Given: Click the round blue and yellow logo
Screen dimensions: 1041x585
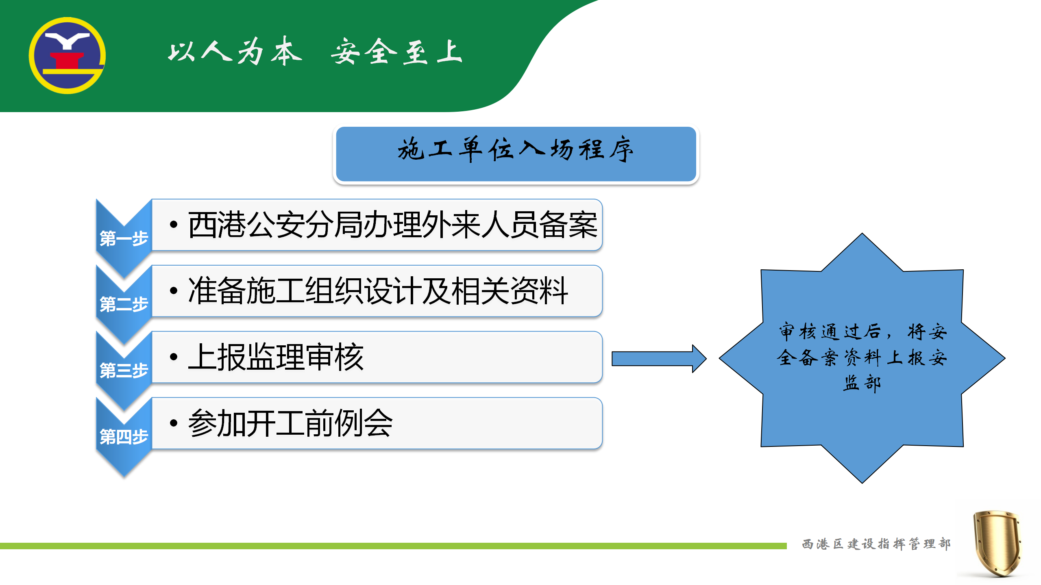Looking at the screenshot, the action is point(67,56).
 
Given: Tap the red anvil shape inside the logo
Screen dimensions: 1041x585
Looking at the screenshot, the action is point(67,61).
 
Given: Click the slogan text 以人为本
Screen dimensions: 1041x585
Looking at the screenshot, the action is point(235,51).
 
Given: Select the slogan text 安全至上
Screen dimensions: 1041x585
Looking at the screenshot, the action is point(396,51).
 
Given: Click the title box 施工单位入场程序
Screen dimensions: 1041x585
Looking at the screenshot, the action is point(516,154).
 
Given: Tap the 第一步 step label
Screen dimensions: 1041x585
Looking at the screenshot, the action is point(124,238).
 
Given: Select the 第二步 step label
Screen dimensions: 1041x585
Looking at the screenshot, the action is point(124,304).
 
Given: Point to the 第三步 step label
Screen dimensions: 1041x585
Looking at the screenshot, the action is point(124,370).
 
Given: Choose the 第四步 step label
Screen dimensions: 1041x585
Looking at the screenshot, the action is point(124,437).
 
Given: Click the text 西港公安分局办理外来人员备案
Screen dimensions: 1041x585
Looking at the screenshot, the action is point(392,225).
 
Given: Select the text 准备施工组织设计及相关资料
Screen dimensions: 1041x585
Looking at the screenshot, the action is point(378,290).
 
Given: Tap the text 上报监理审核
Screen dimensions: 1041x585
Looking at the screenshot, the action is point(276,357).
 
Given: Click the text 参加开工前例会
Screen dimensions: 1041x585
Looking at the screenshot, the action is point(290,423).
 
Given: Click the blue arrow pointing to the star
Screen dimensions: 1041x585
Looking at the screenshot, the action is point(659,359).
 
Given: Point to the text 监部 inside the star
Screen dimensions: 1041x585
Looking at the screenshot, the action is point(862,383).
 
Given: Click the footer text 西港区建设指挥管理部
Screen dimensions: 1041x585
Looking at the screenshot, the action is point(876,544).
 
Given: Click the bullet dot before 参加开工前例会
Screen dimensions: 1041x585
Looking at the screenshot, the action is point(174,423).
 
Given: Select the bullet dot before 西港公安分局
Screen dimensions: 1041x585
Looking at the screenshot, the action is point(174,225).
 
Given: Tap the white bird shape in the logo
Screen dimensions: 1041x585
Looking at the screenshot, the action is point(68,40).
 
